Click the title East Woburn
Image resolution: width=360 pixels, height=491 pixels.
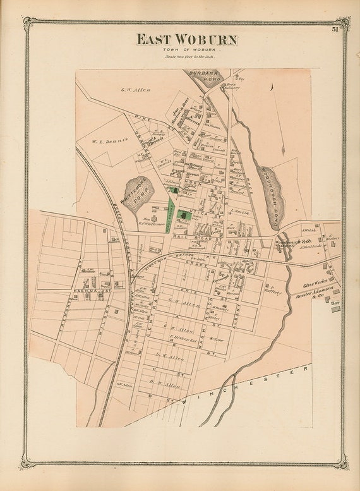(188, 40)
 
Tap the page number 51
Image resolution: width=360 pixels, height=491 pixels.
(334, 28)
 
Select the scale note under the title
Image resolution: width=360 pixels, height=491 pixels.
(187, 57)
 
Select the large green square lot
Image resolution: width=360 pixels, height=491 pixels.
(184, 215)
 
